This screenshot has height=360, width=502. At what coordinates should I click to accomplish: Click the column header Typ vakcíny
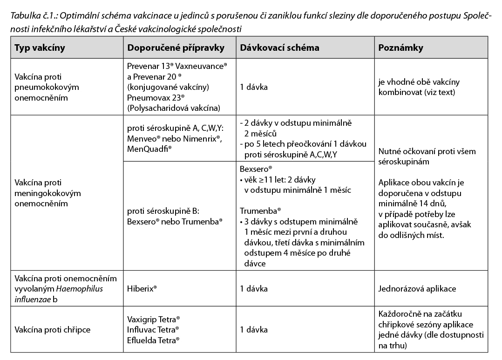point(40,48)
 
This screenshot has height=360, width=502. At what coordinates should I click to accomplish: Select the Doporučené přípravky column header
point(176,48)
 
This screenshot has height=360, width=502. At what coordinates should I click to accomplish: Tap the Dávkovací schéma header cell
point(279,48)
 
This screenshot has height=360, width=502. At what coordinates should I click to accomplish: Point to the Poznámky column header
point(400,48)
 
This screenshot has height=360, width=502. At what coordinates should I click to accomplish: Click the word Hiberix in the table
point(141,289)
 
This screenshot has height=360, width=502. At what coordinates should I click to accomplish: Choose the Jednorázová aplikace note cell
point(417,289)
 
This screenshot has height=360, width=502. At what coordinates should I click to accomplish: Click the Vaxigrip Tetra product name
point(152,319)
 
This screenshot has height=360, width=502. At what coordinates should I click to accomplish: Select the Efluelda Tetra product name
point(152,340)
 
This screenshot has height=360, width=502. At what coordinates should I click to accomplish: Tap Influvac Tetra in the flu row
point(152,330)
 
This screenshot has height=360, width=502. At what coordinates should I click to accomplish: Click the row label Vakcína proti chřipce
point(52,330)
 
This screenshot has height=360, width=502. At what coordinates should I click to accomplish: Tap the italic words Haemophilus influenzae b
point(59,294)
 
